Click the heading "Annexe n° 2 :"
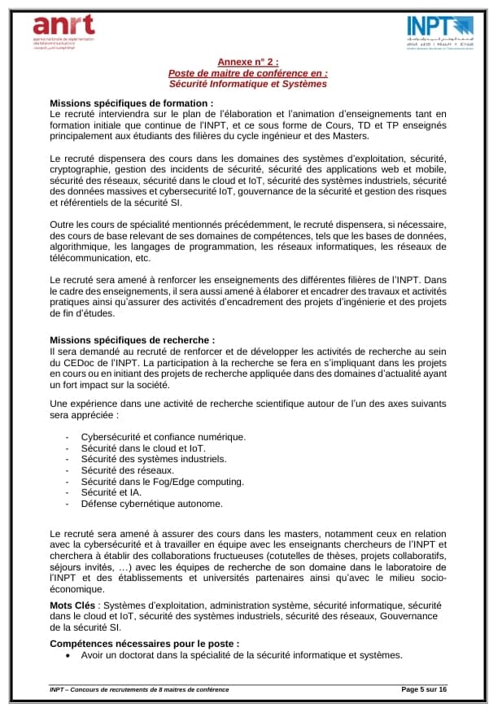[x=248, y=62]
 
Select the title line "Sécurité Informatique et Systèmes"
[x=248, y=83]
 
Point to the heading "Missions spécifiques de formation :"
[x=132, y=103]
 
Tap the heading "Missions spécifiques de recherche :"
[x=133, y=340]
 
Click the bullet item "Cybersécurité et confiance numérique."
[x=163, y=436]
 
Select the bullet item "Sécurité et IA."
[x=111, y=492]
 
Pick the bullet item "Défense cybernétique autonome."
[x=152, y=504]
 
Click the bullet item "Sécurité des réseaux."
[x=127, y=470]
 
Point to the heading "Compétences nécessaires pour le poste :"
[x=145, y=643]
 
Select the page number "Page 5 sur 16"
[x=424, y=689]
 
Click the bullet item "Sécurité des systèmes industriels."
[x=153, y=459]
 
